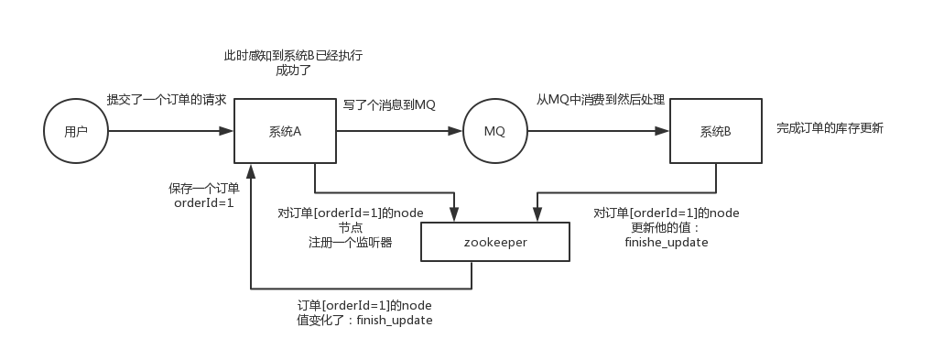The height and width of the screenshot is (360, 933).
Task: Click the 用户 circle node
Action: point(76,132)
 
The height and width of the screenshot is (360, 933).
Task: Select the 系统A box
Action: point(285,132)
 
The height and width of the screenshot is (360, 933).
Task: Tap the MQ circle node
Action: point(494,132)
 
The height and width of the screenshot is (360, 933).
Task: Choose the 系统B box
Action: point(715,132)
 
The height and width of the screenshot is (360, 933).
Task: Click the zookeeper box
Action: point(494,243)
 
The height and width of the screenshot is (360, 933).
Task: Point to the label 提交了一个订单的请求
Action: point(166,100)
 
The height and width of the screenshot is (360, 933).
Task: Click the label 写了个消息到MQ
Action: point(389,105)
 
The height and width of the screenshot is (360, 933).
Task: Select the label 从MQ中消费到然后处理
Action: point(601,100)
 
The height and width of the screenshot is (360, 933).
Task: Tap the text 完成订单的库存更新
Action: point(830,128)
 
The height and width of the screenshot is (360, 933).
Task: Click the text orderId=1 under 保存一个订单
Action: point(204,202)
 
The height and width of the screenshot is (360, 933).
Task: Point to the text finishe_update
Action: point(666,243)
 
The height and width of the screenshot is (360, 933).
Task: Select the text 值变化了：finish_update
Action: point(364,321)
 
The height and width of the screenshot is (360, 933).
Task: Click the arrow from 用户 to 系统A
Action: point(170,132)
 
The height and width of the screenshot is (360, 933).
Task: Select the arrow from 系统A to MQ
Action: point(397,132)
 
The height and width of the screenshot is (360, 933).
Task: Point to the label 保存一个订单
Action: point(204,188)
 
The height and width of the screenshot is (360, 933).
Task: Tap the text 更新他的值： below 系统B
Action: point(666,228)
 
